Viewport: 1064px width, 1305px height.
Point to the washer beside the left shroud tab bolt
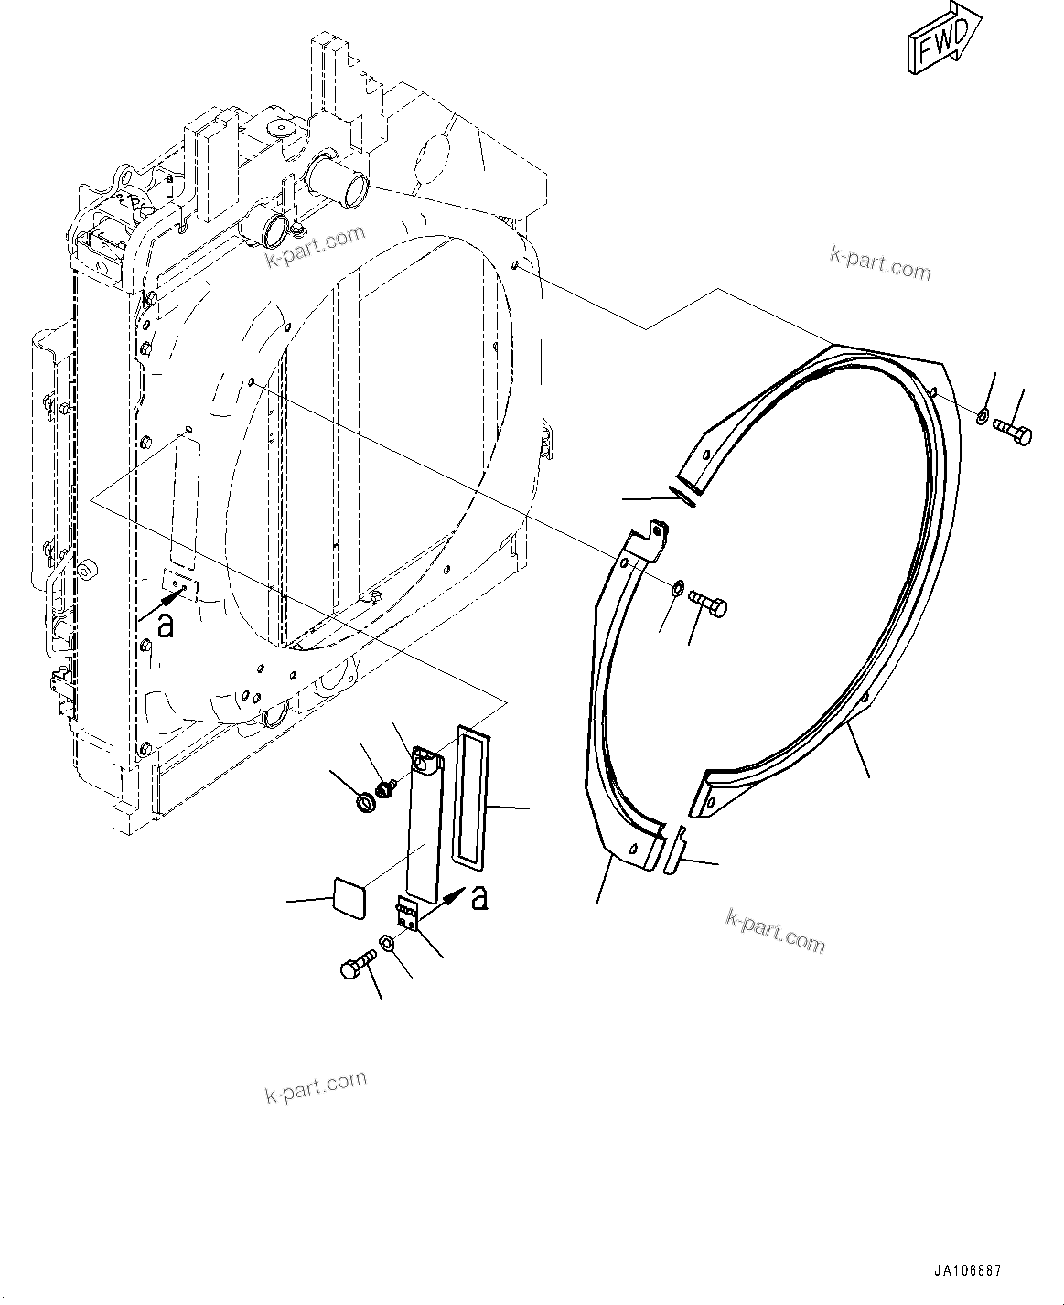click(x=676, y=585)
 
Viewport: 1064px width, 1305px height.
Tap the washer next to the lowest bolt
click(x=387, y=944)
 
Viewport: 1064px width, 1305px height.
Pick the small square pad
click(x=347, y=896)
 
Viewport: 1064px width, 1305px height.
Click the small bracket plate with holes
click(x=409, y=915)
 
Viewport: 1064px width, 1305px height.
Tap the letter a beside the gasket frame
click(x=478, y=899)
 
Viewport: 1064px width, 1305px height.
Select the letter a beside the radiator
click(x=165, y=625)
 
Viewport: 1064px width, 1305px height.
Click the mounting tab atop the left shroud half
click(x=656, y=538)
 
